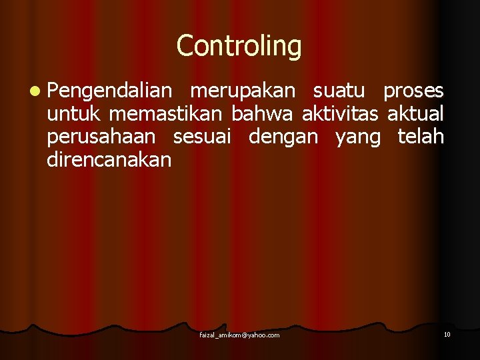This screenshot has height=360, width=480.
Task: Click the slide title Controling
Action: (x=239, y=46)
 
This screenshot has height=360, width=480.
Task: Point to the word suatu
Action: (x=339, y=91)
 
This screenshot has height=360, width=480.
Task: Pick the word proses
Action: (x=413, y=92)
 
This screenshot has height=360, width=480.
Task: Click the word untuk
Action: (x=73, y=113)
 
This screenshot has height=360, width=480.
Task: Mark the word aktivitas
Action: (x=340, y=113)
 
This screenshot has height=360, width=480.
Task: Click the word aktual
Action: (x=415, y=113)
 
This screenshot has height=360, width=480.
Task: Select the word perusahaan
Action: (x=101, y=137)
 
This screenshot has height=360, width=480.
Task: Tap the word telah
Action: (x=420, y=137)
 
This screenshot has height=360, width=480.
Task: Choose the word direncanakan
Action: (x=109, y=160)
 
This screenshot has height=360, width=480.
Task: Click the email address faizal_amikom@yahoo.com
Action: (x=239, y=335)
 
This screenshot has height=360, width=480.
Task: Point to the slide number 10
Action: (x=447, y=334)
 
